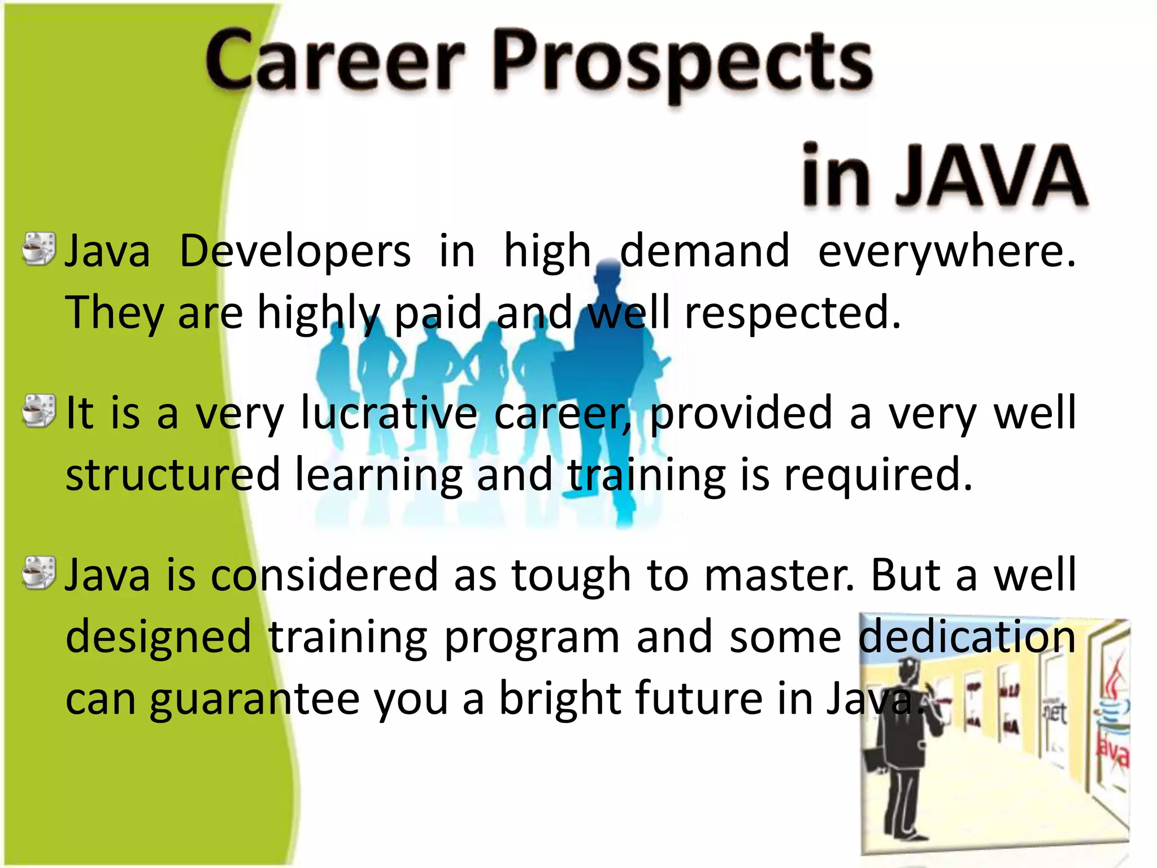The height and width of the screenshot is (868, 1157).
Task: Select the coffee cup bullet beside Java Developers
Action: coord(39,249)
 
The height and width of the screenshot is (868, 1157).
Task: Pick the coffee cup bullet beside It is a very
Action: coord(39,411)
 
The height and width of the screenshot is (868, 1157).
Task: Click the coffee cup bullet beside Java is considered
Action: coord(39,572)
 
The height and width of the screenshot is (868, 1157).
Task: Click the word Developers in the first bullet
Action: coord(295,251)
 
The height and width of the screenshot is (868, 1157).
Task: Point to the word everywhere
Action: coord(947,251)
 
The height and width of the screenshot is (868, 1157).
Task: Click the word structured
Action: coord(173,475)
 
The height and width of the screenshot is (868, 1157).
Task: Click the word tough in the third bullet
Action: coord(571,576)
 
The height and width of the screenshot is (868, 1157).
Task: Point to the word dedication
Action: coord(967,636)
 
